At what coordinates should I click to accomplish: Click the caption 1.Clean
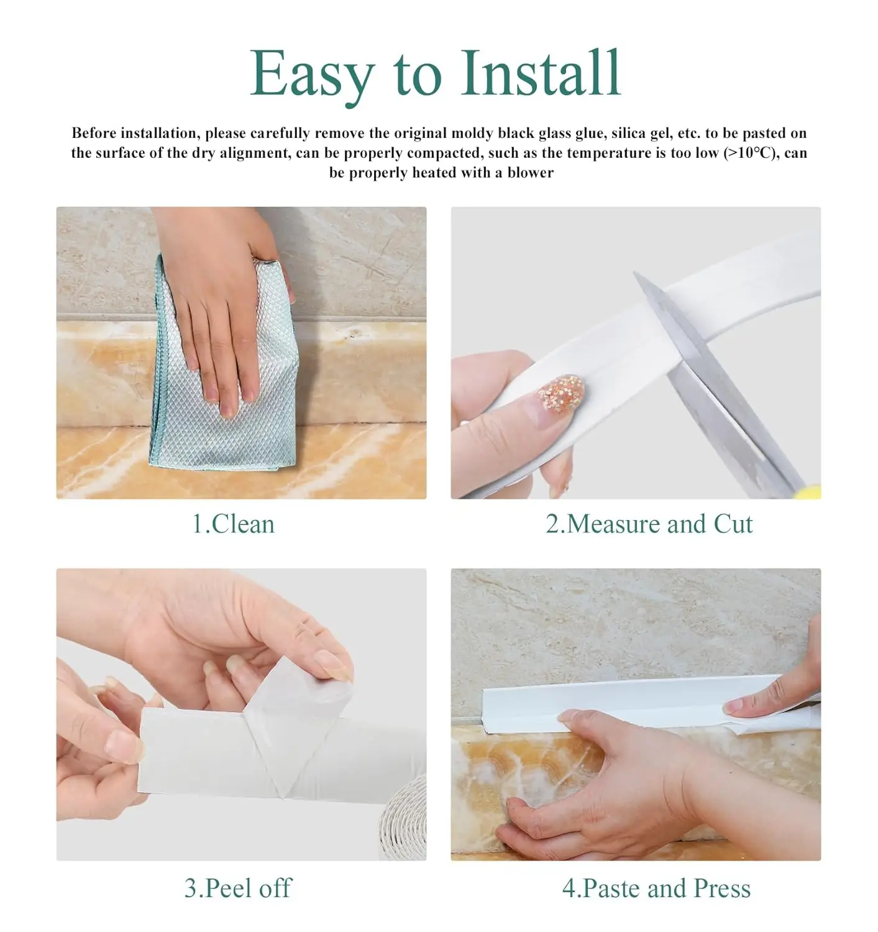233,524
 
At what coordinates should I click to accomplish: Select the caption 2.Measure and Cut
649,524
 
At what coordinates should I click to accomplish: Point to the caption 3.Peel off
238,888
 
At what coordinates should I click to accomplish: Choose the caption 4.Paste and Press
656,888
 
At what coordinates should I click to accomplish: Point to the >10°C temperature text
749,153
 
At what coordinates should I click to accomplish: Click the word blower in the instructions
530,173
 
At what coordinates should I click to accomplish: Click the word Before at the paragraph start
94,133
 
